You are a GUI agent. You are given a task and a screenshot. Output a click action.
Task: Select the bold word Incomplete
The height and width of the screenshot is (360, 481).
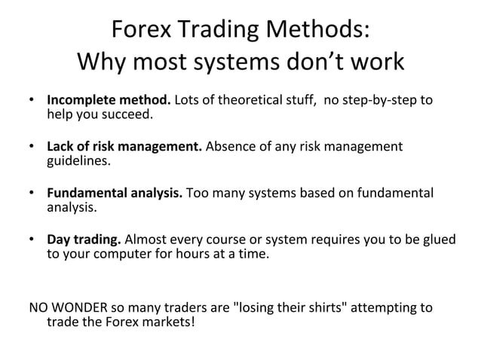tap(84, 100)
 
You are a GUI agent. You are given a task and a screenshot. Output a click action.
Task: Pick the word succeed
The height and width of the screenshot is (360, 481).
tap(127, 114)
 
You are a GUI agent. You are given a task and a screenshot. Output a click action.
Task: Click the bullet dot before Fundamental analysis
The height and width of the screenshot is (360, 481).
tap(32, 194)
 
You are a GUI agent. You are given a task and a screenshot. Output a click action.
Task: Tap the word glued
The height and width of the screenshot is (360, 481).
tap(439, 240)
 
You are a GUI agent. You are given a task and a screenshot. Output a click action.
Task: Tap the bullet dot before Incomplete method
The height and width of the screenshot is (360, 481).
tap(32, 101)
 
